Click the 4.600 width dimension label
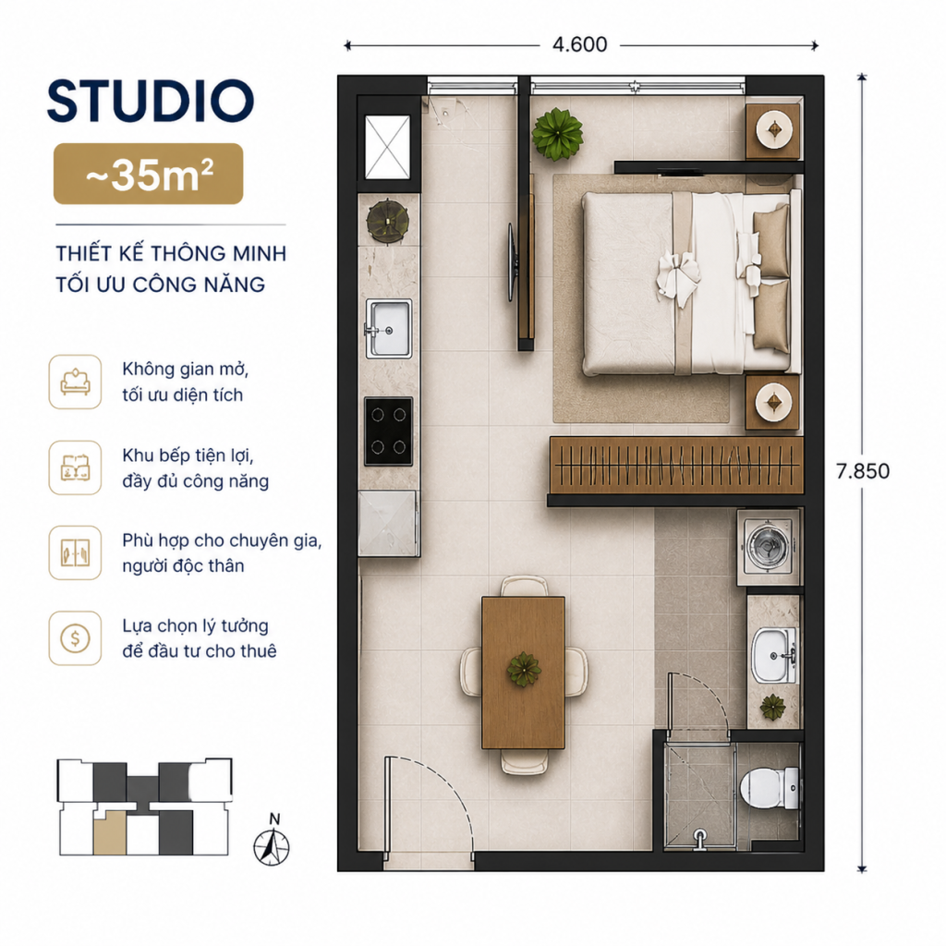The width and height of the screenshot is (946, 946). click(580, 44)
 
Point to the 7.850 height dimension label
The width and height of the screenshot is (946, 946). click(863, 471)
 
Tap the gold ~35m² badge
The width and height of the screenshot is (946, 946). click(149, 174)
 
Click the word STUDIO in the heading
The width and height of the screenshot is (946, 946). click(151, 101)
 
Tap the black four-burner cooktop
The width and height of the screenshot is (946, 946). click(389, 431)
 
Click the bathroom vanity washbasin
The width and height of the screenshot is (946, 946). click(774, 655)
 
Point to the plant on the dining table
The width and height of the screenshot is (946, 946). click(524, 669)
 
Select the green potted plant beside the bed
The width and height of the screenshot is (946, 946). click(557, 134)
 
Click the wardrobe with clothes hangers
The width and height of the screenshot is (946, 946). click(676, 466)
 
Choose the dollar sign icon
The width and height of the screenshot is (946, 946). click(76, 638)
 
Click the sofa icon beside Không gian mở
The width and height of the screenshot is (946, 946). click(76, 382)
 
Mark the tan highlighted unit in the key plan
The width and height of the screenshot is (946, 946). click(110, 832)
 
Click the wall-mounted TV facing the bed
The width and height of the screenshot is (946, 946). click(512, 262)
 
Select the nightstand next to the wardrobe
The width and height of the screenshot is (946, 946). click(773, 403)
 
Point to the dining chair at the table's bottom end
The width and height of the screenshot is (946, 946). click(525, 761)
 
